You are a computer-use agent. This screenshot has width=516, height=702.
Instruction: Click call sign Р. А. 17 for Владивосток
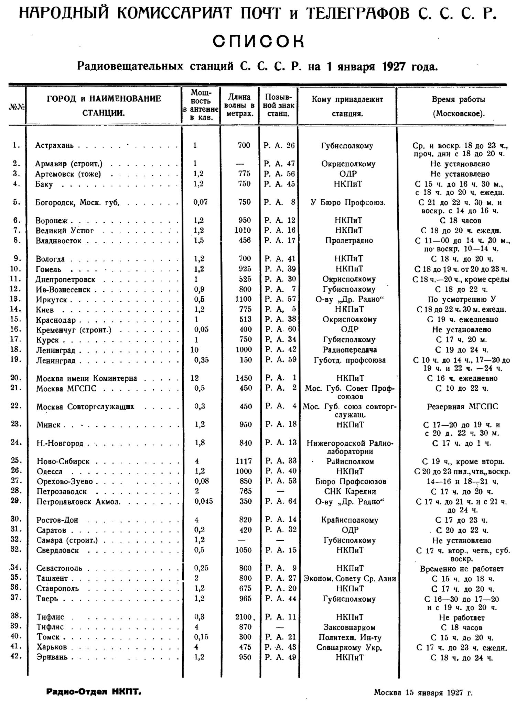(280, 241)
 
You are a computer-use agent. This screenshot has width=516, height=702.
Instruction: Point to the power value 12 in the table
(195, 378)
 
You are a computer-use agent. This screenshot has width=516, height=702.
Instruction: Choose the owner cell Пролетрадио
(349, 241)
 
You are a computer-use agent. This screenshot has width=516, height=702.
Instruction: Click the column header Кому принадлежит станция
(347, 106)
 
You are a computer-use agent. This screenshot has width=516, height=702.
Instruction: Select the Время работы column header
(459, 106)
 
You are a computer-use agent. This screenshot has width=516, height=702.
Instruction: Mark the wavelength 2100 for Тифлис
(244, 617)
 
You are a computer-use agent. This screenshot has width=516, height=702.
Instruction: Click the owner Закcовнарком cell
(350, 627)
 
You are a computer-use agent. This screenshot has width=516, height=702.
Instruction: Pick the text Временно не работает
(462, 569)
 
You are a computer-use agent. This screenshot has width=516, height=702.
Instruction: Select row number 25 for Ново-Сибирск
(16, 461)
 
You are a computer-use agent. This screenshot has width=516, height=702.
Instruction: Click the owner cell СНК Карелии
(350, 491)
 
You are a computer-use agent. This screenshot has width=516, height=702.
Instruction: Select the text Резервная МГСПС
(462, 407)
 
